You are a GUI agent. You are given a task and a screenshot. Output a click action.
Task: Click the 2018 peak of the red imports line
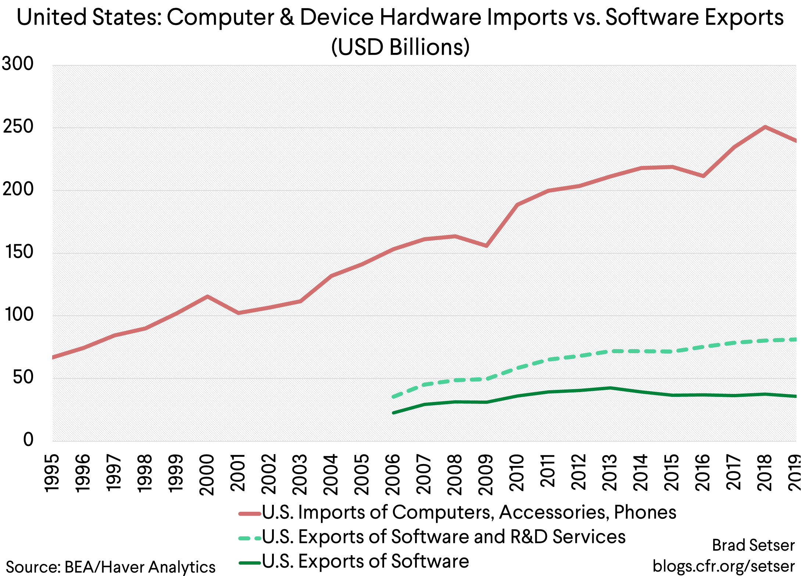[x=765, y=127]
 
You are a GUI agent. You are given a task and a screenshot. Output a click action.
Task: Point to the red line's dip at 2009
[x=486, y=246]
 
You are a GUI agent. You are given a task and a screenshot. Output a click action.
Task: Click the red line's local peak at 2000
[x=207, y=296]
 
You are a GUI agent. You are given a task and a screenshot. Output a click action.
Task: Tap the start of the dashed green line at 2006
[x=393, y=397]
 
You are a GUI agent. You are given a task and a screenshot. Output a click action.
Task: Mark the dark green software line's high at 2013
[x=610, y=388]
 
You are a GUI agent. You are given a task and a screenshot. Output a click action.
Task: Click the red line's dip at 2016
[x=703, y=176]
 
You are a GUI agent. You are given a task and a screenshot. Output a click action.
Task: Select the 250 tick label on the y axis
[x=18, y=127]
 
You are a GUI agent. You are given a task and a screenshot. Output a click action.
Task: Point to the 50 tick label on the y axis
[x=23, y=377]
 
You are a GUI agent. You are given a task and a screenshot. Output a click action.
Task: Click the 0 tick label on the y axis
[x=28, y=440]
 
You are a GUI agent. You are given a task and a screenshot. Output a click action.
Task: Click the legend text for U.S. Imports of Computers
[x=469, y=512]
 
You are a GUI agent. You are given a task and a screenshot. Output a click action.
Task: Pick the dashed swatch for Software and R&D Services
[x=250, y=538]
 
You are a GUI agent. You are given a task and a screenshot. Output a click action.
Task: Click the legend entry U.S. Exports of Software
[x=365, y=561]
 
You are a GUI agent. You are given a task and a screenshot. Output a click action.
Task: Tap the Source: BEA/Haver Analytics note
[x=110, y=567]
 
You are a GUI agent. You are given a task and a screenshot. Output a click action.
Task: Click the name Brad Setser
[x=753, y=545]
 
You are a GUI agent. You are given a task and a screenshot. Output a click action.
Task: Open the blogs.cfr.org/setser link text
[x=723, y=566]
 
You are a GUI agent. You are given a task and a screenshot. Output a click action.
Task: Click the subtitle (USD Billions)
[x=400, y=47]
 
